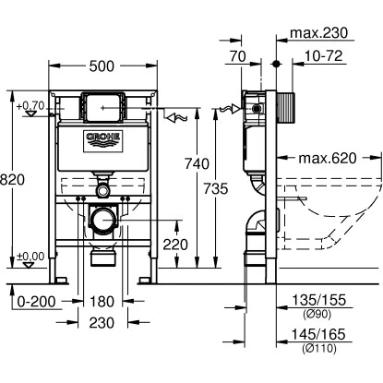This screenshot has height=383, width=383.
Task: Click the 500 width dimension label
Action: [102, 66]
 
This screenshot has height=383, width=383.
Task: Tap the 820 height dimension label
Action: [12, 180]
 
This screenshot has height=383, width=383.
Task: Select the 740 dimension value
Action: [197, 163]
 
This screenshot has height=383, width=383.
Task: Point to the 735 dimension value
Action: [216, 188]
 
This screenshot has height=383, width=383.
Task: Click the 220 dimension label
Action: [175, 245]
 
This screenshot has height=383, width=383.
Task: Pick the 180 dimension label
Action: [102, 302]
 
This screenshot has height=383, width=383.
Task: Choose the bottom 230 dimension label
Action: [102, 323]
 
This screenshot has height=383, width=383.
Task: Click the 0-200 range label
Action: [36, 302]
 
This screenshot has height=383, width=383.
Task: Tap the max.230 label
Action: [319, 32]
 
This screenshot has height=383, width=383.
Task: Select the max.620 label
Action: [328, 158]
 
